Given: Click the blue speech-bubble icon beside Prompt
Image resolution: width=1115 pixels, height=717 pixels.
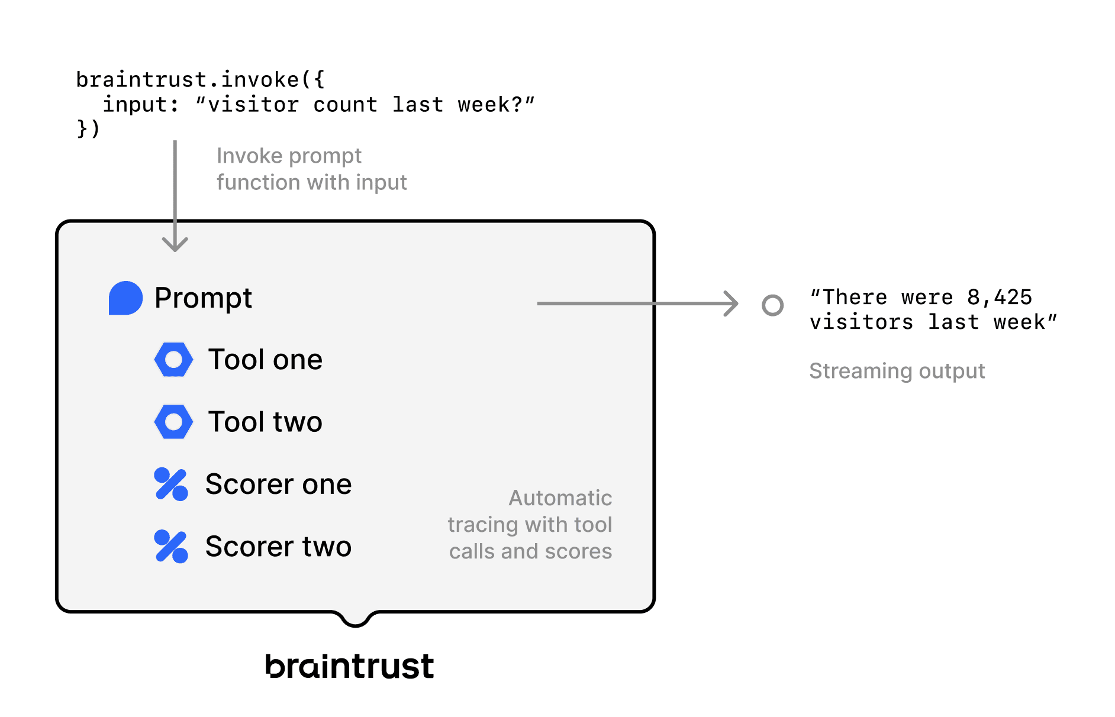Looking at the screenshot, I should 125,298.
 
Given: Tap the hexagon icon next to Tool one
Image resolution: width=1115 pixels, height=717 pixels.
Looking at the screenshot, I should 173,360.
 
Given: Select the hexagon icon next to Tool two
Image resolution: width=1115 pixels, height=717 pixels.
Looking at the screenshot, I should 173,422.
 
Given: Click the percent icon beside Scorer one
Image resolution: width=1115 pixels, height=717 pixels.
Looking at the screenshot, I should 171,484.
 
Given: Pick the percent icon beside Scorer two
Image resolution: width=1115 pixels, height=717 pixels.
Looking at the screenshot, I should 171,546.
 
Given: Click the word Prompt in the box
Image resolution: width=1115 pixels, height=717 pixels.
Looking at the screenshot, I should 203,298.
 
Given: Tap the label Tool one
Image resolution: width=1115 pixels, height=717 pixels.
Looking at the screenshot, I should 265,360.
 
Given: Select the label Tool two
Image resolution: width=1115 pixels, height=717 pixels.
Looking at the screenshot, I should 265,422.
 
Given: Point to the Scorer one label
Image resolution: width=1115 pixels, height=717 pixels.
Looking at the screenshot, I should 278,484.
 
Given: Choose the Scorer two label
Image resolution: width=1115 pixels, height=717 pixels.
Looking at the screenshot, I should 278,546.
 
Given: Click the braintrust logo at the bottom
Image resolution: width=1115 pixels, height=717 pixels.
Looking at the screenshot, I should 349,666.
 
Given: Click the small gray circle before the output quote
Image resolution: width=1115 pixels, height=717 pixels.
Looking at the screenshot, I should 772,305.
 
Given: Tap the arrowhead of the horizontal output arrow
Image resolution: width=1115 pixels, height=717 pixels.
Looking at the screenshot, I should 733,303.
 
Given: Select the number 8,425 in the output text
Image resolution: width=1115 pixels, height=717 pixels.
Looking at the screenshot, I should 999,297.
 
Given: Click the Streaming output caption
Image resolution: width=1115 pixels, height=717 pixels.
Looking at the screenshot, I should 897,371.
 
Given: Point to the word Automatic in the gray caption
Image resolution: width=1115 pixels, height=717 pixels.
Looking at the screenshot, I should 560,498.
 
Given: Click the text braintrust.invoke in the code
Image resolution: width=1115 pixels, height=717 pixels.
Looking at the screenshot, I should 188,79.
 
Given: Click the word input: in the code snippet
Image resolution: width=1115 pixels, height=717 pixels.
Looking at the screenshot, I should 141,105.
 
